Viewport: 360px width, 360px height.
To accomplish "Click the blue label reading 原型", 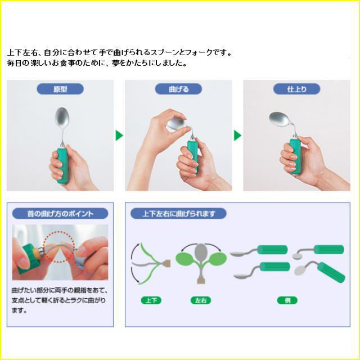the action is click(60, 89).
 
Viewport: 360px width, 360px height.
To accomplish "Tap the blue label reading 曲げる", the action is click(178, 89).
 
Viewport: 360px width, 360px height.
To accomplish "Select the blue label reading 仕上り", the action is click(296, 89).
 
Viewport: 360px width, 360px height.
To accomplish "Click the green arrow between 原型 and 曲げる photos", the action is click(119, 136).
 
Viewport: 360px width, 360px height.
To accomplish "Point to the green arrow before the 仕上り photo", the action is click(237, 136).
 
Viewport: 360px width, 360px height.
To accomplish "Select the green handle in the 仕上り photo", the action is click(295, 156).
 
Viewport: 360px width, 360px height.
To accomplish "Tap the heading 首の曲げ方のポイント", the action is click(60, 214).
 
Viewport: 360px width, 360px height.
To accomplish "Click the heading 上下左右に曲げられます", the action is click(178, 214).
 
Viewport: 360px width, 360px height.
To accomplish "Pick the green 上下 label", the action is click(151, 300).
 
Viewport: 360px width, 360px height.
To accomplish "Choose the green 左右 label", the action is click(201, 300).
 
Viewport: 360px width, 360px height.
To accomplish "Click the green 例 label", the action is click(287, 300).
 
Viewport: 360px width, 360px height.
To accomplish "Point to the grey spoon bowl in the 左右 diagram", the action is click(201, 253).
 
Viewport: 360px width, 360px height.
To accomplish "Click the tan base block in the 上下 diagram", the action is click(166, 263).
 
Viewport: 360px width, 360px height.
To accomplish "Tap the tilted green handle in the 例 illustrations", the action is click(332, 272).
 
